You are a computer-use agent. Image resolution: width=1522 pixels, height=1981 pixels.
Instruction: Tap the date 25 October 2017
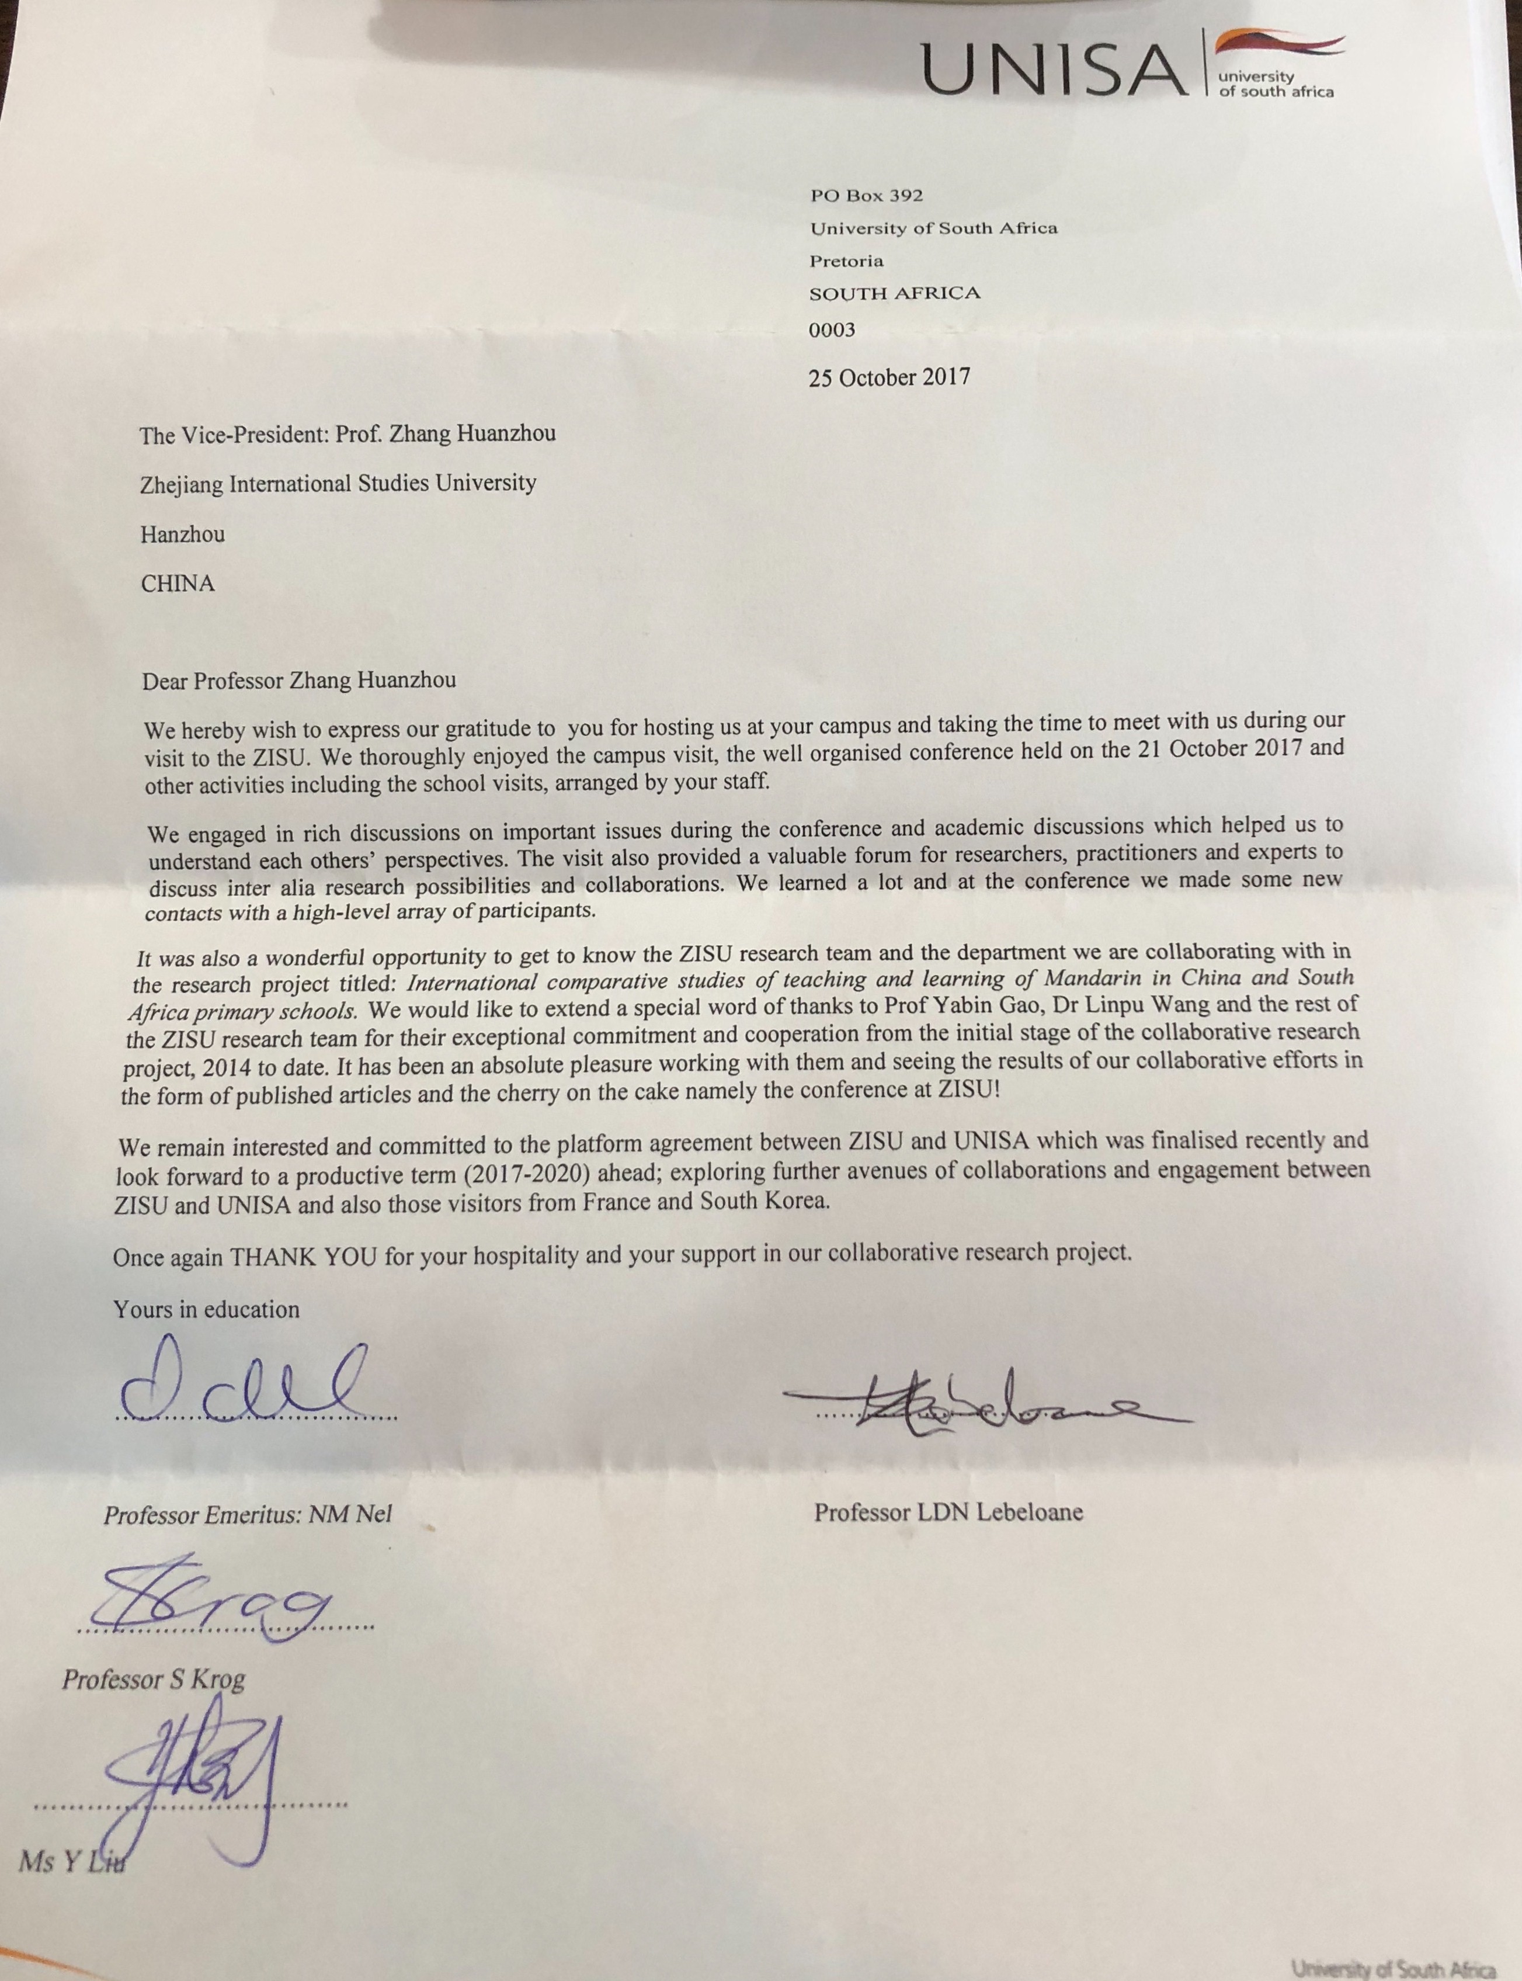click(889, 377)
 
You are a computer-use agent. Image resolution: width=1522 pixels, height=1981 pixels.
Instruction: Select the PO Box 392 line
click(853, 195)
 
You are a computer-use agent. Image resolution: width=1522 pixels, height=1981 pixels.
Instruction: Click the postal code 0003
click(832, 330)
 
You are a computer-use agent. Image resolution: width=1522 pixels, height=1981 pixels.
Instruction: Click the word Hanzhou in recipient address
click(182, 534)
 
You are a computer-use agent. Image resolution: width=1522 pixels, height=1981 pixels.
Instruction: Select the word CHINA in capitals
click(178, 584)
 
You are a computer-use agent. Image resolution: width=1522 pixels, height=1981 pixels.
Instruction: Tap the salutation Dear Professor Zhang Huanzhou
click(299, 681)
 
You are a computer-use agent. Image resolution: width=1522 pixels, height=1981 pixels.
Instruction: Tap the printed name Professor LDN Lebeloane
click(948, 1512)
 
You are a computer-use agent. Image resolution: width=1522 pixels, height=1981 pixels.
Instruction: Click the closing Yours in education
click(207, 1310)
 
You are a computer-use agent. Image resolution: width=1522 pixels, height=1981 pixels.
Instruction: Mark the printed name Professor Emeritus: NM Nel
click(247, 1515)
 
